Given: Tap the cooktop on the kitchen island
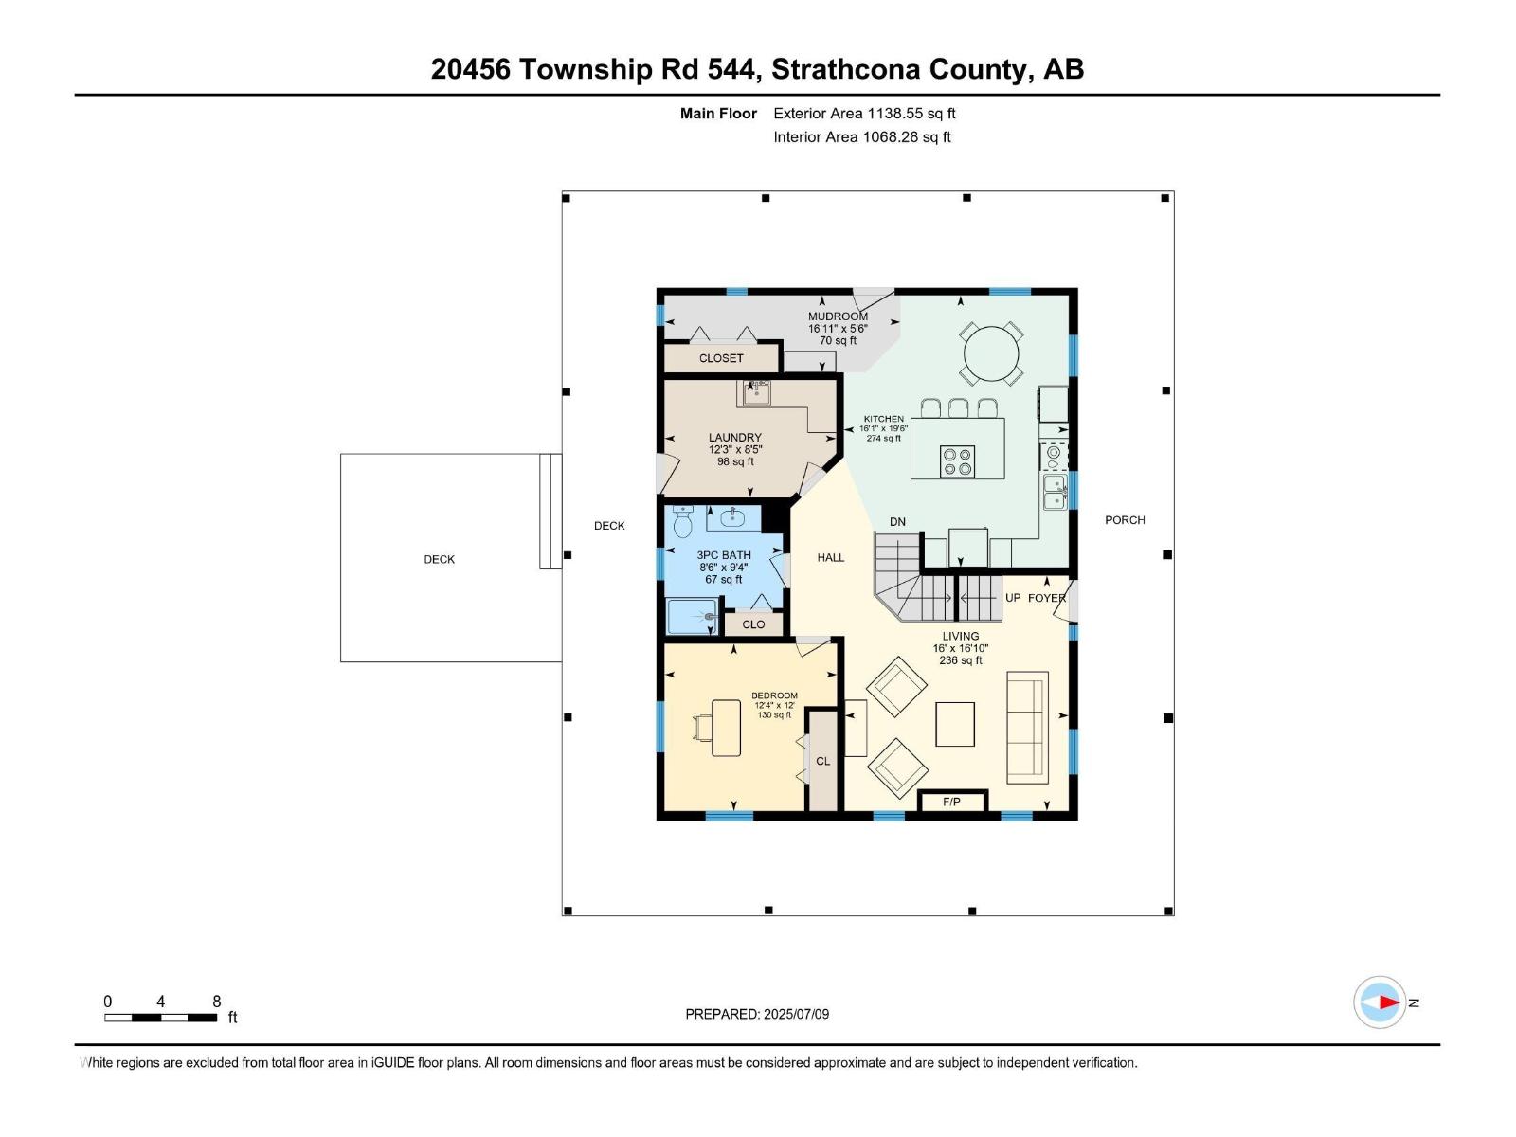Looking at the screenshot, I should tap(957, 461).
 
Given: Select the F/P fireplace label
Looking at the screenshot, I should tap(952, 803).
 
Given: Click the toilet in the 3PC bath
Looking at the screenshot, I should tap(683, 522).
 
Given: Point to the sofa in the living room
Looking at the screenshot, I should tap(1027, 728).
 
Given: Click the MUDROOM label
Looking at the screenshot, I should tap(838, 316).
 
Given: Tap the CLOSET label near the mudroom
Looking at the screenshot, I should tap(721, 358).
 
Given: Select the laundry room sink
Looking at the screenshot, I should tap(756, 392).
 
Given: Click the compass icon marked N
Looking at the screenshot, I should tap(1380, 1002).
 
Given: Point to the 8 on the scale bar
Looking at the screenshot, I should tap(217, 1002).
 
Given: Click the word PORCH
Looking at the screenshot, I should tap(1125, 520).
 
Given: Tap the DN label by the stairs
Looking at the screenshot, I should tap(897, 522).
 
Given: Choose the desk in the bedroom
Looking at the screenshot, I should tap(725, 728).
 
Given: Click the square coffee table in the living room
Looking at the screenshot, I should tap(955, 725).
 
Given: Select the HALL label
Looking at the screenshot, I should tap(831, 558).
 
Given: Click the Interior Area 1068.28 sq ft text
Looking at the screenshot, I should tap(861, 137).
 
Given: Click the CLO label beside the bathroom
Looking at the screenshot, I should tap(753, 624).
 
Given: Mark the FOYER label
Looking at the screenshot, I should tap(1046, 599).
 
